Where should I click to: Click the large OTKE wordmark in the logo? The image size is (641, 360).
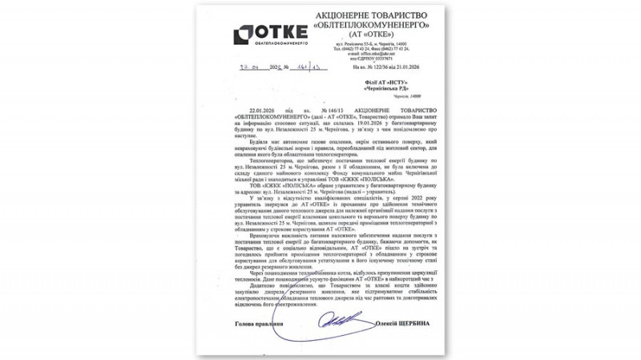pyautogui.click(x=281, y=32)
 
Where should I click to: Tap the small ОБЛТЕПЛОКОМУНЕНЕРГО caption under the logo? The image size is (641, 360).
pyautogui.click(x=270, y=46)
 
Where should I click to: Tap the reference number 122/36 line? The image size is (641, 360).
pyautogui.click(x=385, y=69)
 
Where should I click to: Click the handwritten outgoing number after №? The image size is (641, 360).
pyautogui.click(x=308, y=68)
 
